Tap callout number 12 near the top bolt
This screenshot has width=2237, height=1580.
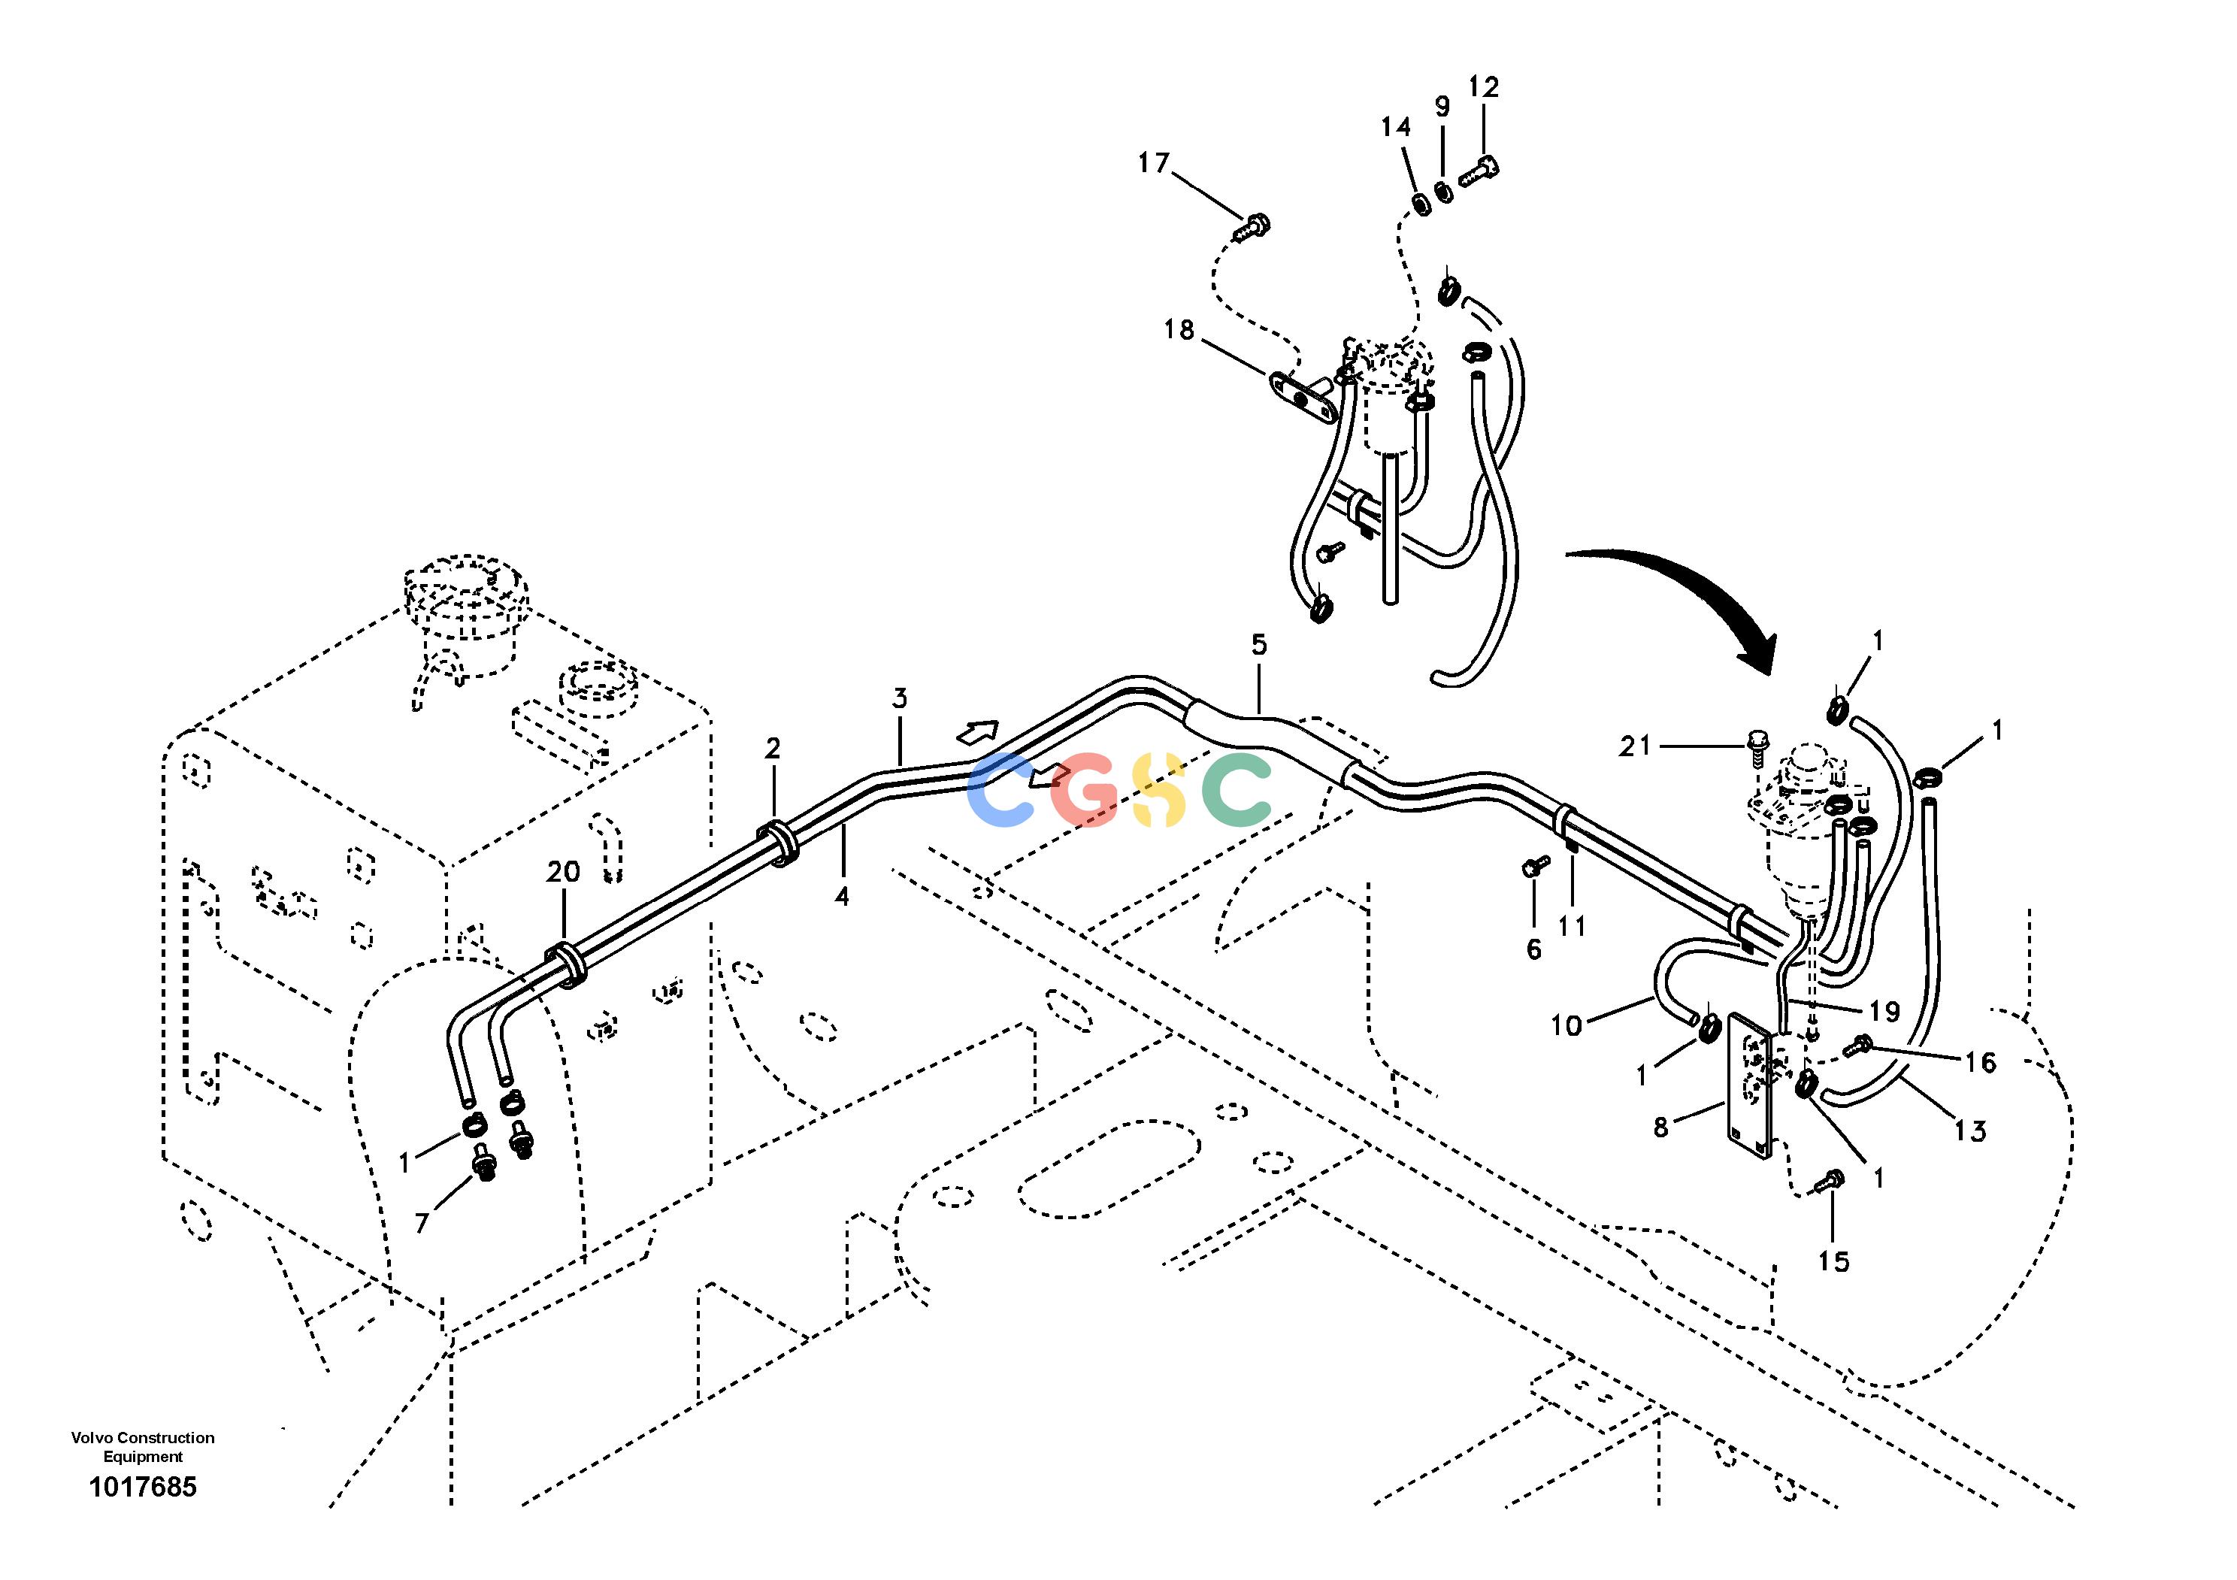(1483, 86)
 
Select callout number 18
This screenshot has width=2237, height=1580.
(1179, 330)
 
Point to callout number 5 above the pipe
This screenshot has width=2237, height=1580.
(1259, 644)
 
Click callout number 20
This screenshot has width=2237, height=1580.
(563, 872)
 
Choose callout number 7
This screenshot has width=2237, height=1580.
(422, 1222)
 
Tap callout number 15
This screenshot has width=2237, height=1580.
(1833, 1261)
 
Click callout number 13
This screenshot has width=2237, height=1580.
(1970, 1131)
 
